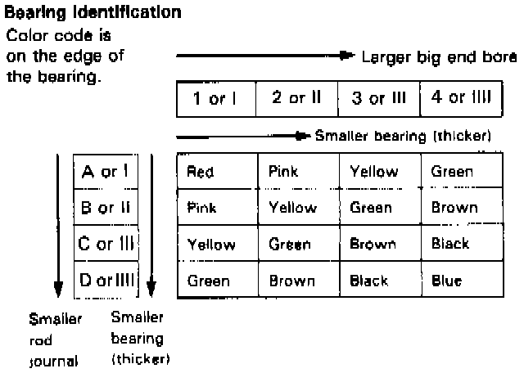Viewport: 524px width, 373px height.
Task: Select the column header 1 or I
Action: tap(215, 99)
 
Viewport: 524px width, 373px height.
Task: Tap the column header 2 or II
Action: tap(296, 99)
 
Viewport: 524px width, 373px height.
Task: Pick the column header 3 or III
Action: tap(377, 99)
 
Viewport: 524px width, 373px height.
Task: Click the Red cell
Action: tap(201, 172)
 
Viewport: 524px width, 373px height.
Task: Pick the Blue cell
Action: tap(447, 281)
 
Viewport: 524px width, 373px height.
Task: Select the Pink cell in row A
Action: tap(283, 172)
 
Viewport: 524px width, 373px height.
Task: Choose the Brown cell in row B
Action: tap(454, 208)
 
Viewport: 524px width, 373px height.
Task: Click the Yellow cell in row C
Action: tap(211, 245)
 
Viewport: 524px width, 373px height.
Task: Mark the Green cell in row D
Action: tap(208, 281)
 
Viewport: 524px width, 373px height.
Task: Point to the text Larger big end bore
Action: tap(440, 56)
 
